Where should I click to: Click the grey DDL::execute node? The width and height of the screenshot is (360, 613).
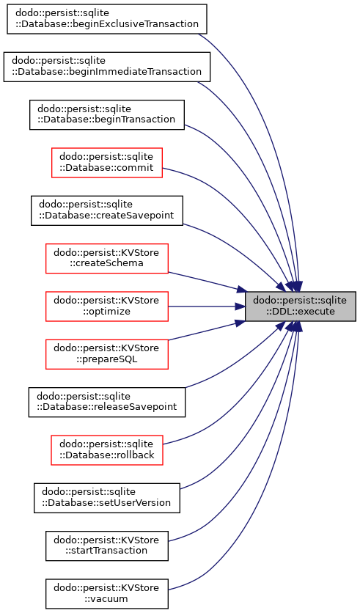[300, 306]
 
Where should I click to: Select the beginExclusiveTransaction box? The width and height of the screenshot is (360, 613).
[107, 19]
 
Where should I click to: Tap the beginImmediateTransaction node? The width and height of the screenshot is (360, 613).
[107, 67]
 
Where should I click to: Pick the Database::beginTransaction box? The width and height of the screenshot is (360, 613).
[107, 114]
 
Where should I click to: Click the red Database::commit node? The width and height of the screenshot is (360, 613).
[107, 163]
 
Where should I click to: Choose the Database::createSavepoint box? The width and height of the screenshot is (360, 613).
[107, 210]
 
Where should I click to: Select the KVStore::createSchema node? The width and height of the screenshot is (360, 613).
[107, 258]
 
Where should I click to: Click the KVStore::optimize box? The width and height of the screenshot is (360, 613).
[107, 306]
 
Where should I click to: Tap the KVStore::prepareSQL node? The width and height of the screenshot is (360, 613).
[107, 354]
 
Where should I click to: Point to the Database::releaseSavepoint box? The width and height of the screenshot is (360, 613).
[107, 402]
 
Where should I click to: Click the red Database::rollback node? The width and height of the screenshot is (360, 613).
[107, 450]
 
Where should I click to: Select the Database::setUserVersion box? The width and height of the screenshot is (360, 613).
[107, 498]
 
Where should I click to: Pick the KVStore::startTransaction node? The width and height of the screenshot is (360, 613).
[107, 546]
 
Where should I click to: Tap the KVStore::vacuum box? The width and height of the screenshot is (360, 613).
[107, 593]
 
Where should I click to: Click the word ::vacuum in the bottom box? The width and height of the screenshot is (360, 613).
[106, 598]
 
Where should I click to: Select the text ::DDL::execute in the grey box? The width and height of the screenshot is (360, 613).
[301, 312]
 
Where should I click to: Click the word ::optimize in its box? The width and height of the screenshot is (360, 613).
[106, 312]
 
